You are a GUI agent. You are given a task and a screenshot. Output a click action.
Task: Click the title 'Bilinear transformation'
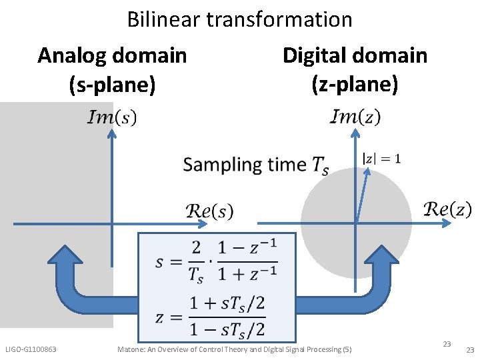pos(239,19)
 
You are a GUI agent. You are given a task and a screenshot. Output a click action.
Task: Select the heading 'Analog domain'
pos(112,55)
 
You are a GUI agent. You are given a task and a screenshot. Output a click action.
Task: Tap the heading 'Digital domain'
pos(355,55)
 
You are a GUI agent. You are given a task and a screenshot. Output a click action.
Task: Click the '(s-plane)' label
pos(112,85)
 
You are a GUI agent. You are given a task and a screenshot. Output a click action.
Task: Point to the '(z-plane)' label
pos(355,85)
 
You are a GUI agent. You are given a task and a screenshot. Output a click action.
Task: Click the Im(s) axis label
pos(112,117)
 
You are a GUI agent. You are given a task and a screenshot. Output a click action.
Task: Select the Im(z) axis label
pos(355,117)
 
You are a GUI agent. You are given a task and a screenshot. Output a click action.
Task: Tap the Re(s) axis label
pos(209,211)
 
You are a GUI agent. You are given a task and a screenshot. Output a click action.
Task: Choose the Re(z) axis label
pos(447,209)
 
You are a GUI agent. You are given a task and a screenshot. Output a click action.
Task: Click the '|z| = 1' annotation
pos(381,159)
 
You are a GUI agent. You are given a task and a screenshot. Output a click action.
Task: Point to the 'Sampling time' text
pos(244,165)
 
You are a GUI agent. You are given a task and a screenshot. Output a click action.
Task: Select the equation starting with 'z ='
pos(211,317)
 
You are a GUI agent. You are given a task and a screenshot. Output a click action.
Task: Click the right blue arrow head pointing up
pos(391,257)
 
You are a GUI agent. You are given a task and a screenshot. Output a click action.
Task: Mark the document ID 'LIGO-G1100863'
pos(31,349)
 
